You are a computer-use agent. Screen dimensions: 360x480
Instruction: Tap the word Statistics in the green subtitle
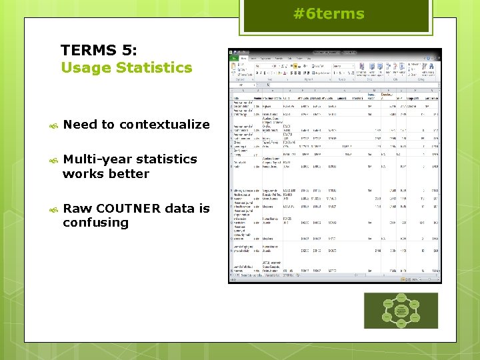tap(154, 67)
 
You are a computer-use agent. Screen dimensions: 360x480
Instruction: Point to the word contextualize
tap(165, 125)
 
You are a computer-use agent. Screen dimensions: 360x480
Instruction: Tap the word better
tap(130, 173)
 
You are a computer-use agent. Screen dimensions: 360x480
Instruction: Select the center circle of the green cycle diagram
tap(401, 310)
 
